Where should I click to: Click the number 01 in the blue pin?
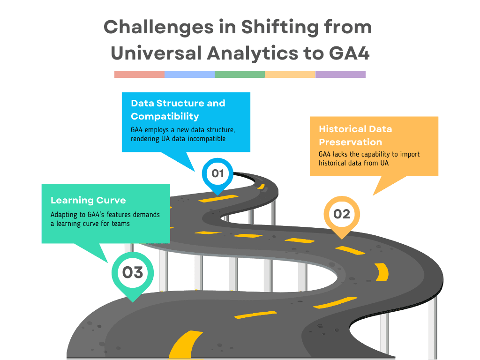217,173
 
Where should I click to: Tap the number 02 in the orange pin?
342,214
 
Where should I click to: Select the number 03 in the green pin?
133,272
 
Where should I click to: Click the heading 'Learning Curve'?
88,200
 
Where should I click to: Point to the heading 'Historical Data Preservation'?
355,135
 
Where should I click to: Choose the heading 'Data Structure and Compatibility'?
178,110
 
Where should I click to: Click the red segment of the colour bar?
139,75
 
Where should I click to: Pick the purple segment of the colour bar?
340,75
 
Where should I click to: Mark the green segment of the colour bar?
240,75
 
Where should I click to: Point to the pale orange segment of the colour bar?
290,75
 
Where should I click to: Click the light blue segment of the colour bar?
189,75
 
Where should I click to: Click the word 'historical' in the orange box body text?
335,163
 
